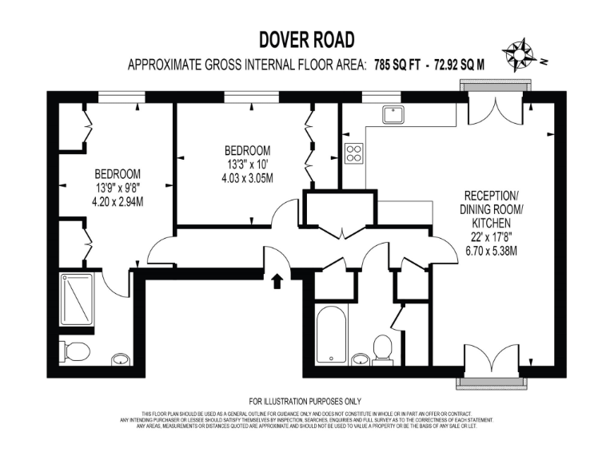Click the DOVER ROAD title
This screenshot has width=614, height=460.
pyautogui.click(x=307, y=40)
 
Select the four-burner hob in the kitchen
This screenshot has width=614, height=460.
pyautogui.click(x=354, y=152)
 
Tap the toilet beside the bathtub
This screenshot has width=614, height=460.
pyautogui.click(x=382, y=348)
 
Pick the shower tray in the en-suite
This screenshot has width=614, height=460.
pyautogui.click(x=77, y=301)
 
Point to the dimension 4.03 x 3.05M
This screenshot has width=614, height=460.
pyautogui.click(x=247, y=178)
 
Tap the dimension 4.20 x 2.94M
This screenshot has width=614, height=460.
pyautogui.click(x=118, y=202)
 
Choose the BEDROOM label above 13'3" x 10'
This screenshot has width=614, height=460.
pyautogui.click(x=247, y=150)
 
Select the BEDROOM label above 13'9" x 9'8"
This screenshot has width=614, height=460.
pyautogui.click(x=118, y=174)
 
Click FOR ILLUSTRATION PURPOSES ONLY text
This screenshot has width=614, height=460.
pyautogui.click(x=306, y=401)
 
